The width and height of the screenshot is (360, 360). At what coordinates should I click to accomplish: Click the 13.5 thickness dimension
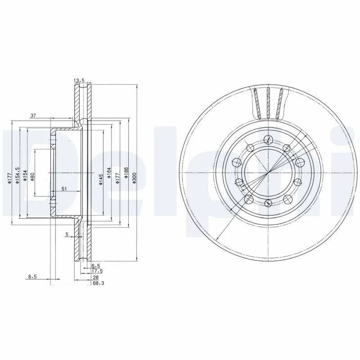pos(79,81)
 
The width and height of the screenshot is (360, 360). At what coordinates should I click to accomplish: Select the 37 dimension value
pos(33,116)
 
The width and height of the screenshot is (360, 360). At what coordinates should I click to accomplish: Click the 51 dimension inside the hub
pos(64,189)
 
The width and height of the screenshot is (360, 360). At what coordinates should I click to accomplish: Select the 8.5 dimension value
pos(32,278)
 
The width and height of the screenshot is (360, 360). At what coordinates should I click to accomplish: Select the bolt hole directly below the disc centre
pos(268,204)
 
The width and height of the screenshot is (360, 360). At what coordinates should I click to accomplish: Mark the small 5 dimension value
pos(67,234)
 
